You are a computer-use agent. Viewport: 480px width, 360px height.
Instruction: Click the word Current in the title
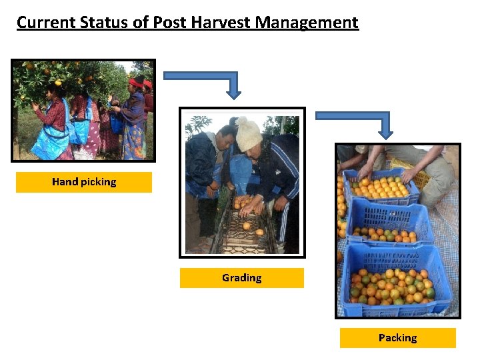point(46,22)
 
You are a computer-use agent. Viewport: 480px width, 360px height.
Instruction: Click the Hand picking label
point(84,182)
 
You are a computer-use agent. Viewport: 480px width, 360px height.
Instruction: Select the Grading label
point(241,277)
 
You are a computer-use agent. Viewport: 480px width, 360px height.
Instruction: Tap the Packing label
point(397,337)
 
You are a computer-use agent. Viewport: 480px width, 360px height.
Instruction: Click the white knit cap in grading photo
point(249,134)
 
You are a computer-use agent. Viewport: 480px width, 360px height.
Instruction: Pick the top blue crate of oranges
point(381,187)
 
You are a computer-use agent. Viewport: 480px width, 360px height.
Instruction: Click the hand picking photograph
point(83,111)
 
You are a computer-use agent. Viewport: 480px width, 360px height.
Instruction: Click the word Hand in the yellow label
point(64,182)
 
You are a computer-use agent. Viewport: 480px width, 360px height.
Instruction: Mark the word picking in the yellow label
point(97,182)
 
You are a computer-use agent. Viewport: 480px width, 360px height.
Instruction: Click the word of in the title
point(141,22)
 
